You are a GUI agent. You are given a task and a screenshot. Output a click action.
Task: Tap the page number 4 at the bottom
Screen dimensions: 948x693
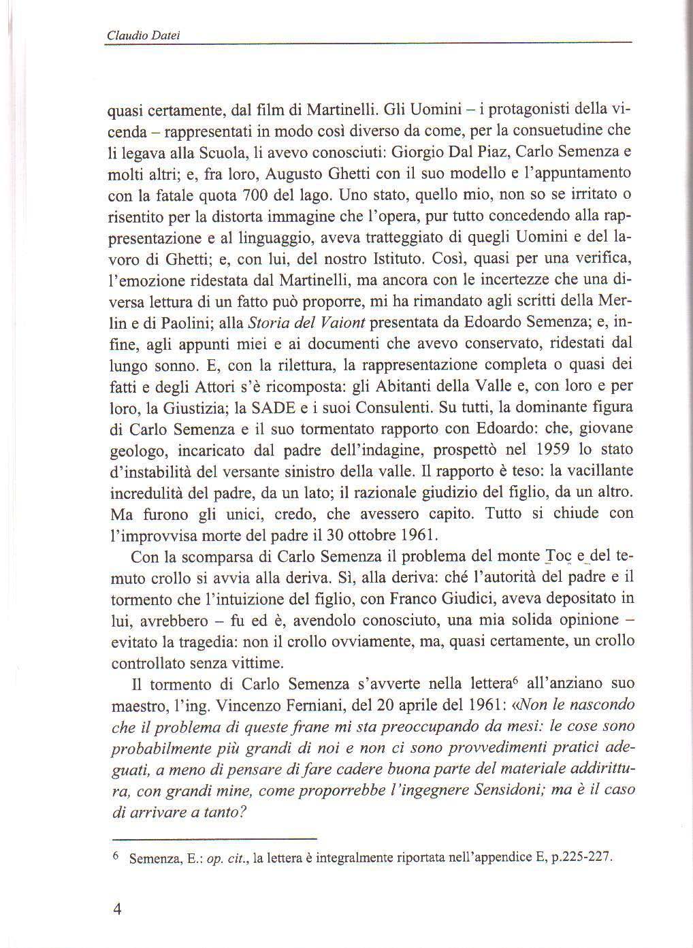[116, 909]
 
